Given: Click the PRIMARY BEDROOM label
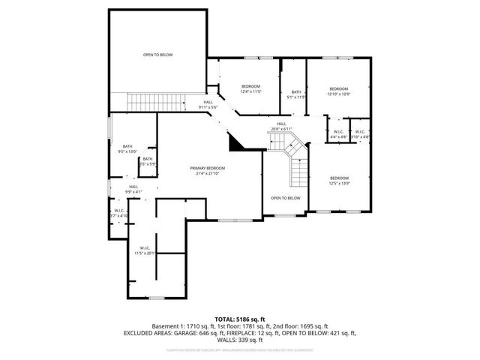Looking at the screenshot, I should pyautogui.click(x=208, y=170).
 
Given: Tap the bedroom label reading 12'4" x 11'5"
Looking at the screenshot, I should pyautogui.click(x=250, y=89).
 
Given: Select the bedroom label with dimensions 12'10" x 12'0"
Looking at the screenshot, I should pyautogui.click(x=338, y=91).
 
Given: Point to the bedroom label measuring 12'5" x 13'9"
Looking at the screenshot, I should pyautogui.click(x=339, y=181).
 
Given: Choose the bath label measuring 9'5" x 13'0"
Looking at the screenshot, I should pyautogui.click(x=127, y=148).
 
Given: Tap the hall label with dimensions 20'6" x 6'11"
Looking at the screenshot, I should pyautogui.click(x=281, y=127).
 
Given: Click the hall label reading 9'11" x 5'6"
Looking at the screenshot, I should pyautogui.click(x=208, y=105).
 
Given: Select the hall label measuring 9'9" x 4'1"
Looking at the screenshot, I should pyautogui.click(x=133, y=189).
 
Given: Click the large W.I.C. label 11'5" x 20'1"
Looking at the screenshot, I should pyautogui.click(x=145, y=250).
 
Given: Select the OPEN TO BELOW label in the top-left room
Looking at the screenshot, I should pyautogui.click(x=157, y=55).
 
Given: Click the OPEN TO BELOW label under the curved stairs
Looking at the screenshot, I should pyautogui.click(x=286, y=198).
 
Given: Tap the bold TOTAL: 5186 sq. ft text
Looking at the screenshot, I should pyautogui.click(x=239, y=319).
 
